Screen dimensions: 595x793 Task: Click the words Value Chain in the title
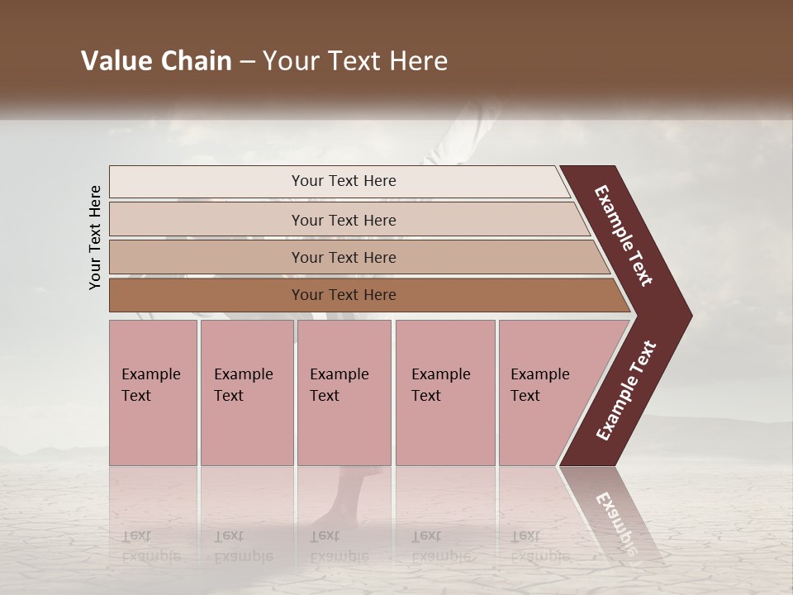(156, 61)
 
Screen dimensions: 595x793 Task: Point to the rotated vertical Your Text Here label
(95, 237)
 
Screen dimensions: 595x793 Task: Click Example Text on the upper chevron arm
(624, 236)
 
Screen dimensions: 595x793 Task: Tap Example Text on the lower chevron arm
(626, 391)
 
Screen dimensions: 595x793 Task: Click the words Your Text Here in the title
(355, 61)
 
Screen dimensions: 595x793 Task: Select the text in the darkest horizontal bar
(344, 295)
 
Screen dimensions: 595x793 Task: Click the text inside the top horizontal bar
(344, 181)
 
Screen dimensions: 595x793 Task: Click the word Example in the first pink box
(150, 374)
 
